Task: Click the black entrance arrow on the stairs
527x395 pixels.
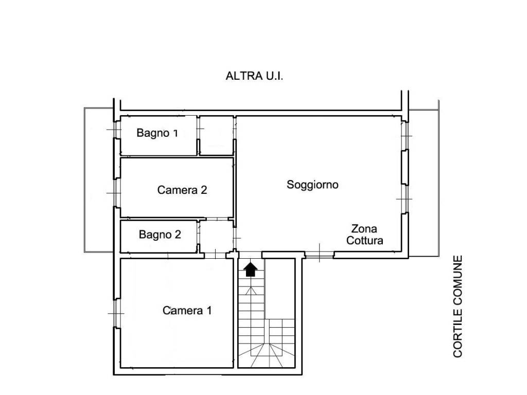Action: click(x=251, y=270)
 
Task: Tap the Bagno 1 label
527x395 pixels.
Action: click(x=157, y=133)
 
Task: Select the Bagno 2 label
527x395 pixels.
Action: click(x=160, y=234)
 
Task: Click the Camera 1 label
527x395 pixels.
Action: click(x=187, y=310)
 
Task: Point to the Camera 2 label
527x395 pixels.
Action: click(x=182, y=190)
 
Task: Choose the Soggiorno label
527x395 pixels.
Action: click(x=312, y=185)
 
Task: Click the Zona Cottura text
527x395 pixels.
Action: click(x=365, y=235)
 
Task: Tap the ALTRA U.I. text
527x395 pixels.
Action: click(x=254, y=76)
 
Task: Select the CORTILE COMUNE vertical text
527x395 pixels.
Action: click(x=458, y=306)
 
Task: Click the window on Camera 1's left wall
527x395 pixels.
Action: click(x=116, y=313)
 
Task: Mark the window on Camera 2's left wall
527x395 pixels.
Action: click(x=116, y=193)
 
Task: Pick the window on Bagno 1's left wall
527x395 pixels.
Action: click(x=116, y=129)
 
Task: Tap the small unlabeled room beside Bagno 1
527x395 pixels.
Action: click(x=217, y=136)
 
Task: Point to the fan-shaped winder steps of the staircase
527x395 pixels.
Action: click(x=266, y=355)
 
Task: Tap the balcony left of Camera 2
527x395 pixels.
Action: click(x=98, y=180)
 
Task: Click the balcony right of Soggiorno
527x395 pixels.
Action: click(x=424, y=183)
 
